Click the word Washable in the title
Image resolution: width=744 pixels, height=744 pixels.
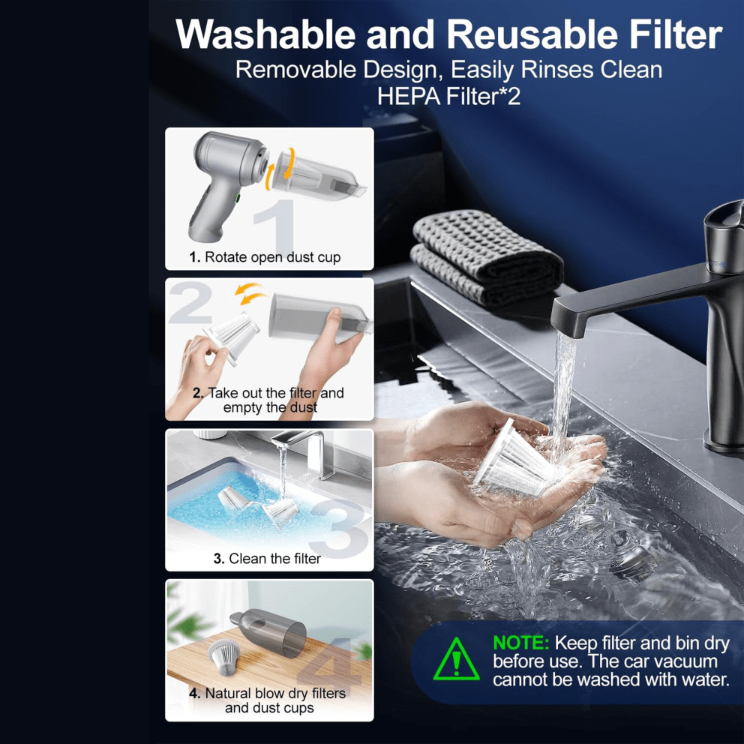[x=265, y=34]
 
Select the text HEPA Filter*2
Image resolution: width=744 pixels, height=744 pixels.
[x=448, y=96]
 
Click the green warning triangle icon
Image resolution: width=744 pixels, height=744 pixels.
[x=456, y=658]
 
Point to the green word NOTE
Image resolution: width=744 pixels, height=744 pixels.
[x=521, y=643]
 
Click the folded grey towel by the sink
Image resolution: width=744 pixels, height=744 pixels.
[x=486, y=259]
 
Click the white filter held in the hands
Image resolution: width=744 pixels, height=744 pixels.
[x=514, y=460]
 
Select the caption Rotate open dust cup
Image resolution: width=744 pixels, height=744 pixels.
[x=272, y=257]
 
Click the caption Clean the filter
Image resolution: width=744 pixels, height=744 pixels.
[x=274, y=559]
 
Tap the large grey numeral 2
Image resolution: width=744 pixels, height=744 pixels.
[x=190, y=302]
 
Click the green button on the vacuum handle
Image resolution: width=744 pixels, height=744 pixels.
[x=237, y=199]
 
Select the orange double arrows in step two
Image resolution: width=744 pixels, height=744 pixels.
[x=250, y=293]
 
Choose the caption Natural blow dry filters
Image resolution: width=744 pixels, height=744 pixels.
[x=275, y=693]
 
